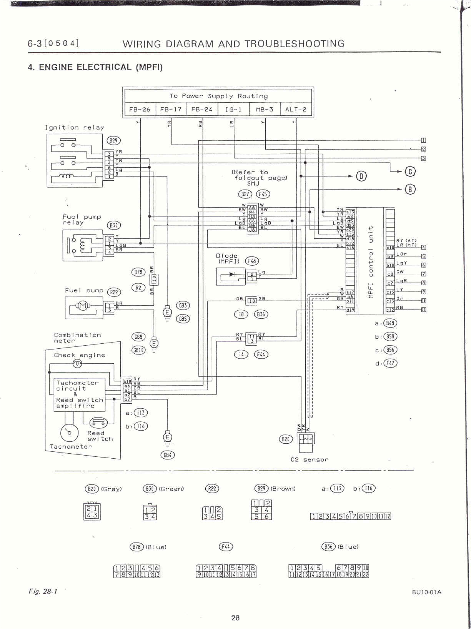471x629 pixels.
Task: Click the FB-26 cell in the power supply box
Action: click(140, 109)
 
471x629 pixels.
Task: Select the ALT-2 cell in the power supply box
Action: click(296, 109)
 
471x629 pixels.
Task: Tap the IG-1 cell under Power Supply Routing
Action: click(233, 109)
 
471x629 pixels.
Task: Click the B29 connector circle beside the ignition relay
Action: click(113, 141)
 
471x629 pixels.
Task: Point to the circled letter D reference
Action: click(361, 176)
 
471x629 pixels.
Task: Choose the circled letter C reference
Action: click(410, 171)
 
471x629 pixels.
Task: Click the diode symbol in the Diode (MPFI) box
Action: click(232, 275)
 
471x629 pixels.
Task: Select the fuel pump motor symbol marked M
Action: click(82, 306)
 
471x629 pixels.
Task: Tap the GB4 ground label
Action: click(167, 455)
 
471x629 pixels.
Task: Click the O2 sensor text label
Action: click(310, 459)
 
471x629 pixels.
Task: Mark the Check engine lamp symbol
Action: click(77, 363)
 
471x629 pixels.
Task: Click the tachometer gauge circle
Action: click(70, 433)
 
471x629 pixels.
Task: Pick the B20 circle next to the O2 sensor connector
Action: click(286, 439)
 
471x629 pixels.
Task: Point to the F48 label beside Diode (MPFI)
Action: click(252, 261)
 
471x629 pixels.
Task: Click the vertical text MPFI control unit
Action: click(371, 262)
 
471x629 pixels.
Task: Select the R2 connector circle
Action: click(138, 288)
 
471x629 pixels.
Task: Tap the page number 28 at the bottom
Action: click(235, 617)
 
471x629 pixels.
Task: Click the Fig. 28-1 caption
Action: click(43, 591)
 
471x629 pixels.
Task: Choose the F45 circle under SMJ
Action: click(263, 194)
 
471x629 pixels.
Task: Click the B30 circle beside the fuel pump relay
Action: click(114, 225)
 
